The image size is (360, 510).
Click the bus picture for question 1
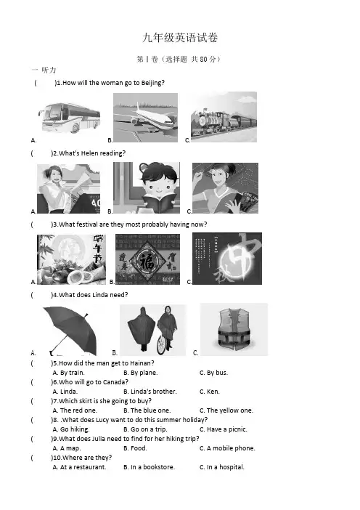tap(69, 118)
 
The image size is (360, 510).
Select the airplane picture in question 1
tap(146, 118)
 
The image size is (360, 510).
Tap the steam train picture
tap(224, 117)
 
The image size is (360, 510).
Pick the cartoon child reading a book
tap(147, 187)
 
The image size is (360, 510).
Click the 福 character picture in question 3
tap(148, 259)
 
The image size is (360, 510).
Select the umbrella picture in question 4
tap(70, 331)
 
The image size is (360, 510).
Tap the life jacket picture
tap(234, 329)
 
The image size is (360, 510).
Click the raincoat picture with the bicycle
tap(152, 330)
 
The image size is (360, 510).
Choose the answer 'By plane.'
tap(140, 373)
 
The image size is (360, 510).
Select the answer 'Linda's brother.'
tap(150, 392)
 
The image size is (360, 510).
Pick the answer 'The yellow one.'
tap(226, 410)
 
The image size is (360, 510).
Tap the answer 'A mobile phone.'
tap(227, 448)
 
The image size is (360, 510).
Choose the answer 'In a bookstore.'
tap(149, 467)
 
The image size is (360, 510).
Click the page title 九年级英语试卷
tap(180, 38)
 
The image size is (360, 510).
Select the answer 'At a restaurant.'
tap(79, 467)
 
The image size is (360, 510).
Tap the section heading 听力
tap(49, 70)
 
